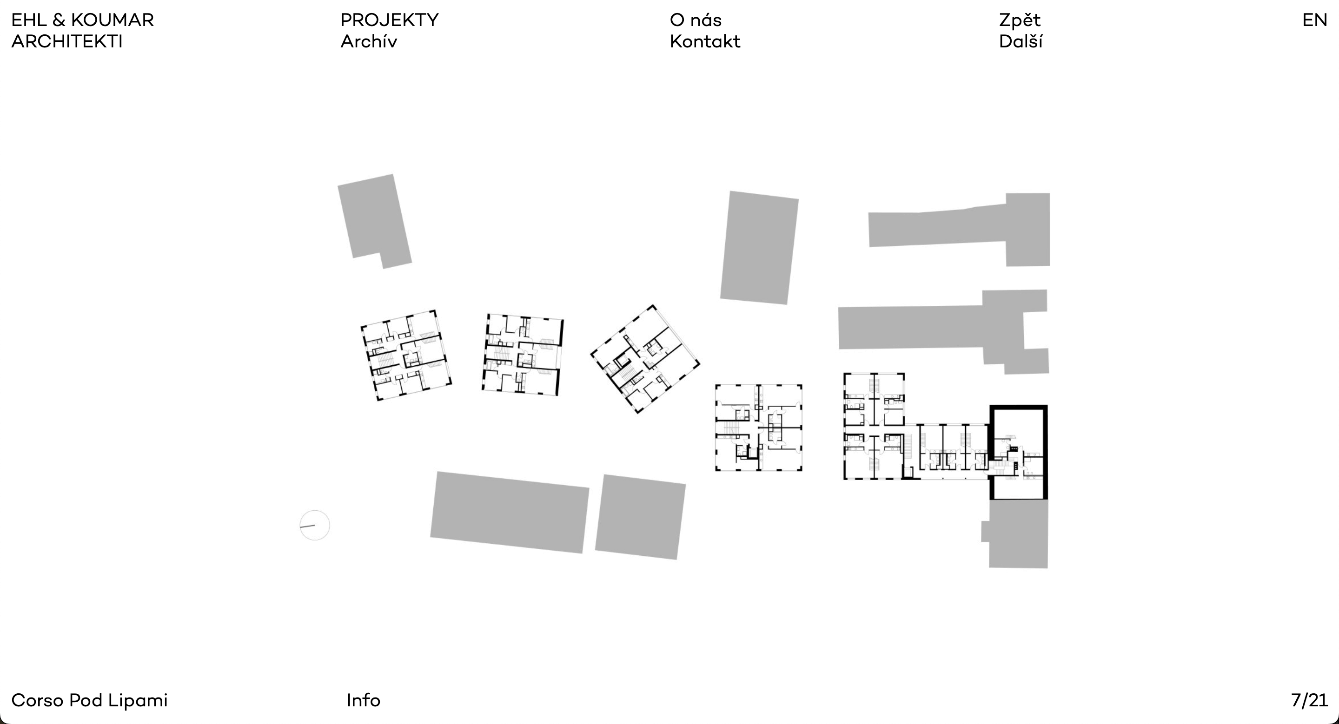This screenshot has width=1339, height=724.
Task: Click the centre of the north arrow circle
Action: point(314,525)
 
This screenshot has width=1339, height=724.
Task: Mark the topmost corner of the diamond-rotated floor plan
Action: point(652,305)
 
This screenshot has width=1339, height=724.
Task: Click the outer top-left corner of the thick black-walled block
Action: point(989,405)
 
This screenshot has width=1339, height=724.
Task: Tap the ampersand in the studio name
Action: point(59,20)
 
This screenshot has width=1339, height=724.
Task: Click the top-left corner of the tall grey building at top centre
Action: point(730,191)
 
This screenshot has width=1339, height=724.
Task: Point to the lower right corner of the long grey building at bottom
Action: point(582,553)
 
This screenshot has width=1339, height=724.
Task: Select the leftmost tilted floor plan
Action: point(406,355)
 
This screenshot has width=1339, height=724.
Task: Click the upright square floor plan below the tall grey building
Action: point(758,428)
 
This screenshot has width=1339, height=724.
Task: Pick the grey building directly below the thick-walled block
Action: point(1015,534)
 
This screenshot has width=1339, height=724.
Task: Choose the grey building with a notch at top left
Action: point(374,221)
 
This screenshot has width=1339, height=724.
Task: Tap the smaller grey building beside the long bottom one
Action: point(640,517)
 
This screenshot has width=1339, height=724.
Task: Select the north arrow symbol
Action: point(314,525)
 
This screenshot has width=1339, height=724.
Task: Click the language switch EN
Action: point(1314,20)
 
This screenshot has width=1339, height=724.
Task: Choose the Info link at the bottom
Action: point(363,701)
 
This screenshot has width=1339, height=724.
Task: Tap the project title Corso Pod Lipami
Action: point(89,701)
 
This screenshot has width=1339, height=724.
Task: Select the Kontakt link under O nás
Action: point(705,41)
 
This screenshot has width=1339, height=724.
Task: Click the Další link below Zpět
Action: point(1021,41)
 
